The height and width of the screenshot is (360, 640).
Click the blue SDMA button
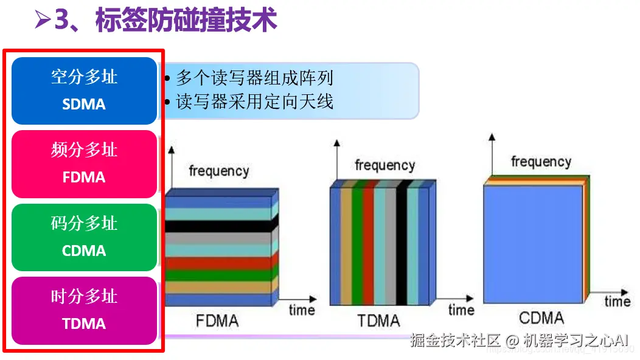(x=85, y=91)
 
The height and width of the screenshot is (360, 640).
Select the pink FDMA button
(x=85, y=164)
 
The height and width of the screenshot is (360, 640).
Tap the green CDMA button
(x=85, y=237)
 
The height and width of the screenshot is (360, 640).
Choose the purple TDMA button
(x=85, y=310)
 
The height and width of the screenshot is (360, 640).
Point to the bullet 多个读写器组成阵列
(x=254, y=78)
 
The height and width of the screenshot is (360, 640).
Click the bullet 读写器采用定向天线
(x=254, y=101)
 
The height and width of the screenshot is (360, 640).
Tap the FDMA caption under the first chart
(x=217, y=320)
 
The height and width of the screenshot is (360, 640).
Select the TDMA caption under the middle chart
(x=378, y=320)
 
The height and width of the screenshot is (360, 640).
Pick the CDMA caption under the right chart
(x=541, y=317)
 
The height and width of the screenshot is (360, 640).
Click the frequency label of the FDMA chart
(x=219, y=171)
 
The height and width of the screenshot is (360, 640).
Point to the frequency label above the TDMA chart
(x=384, y=165)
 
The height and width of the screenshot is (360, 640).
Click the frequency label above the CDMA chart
(x=541, y=162)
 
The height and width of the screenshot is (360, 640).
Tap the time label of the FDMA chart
(x=302, y=310)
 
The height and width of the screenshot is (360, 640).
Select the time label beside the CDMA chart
(x=617, y=301)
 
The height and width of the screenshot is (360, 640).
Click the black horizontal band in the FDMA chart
(x=219, y=226)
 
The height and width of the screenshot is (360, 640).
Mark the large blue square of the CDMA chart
(x=533, y=243)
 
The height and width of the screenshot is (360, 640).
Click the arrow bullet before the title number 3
(x=42, y=21)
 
